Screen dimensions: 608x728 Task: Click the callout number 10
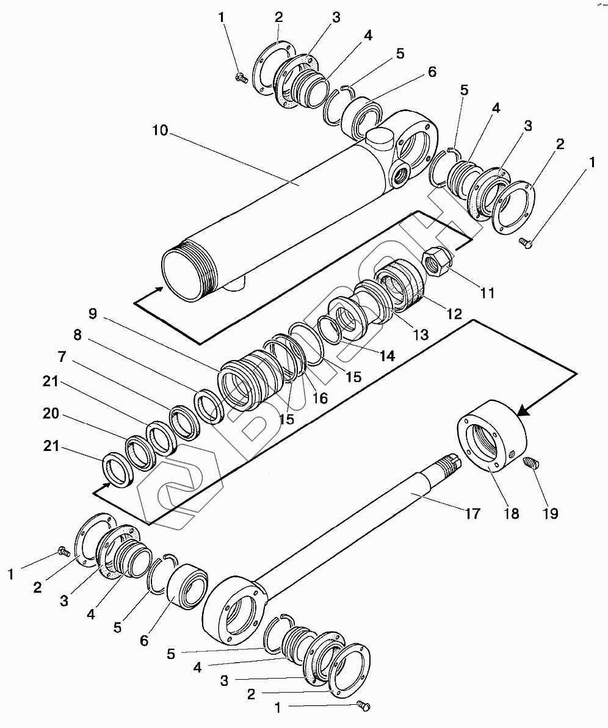(159, 131)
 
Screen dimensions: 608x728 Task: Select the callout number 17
(472, 513)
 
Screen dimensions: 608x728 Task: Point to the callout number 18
(512, 513)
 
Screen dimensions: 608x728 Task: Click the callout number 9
(93, 314)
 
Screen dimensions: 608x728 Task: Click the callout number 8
(78, 335)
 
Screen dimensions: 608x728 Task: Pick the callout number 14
(387, 356)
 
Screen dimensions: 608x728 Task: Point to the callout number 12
(454, 314)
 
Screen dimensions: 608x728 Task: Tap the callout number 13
(421, 334)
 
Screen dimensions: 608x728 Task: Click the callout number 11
(487, 293)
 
